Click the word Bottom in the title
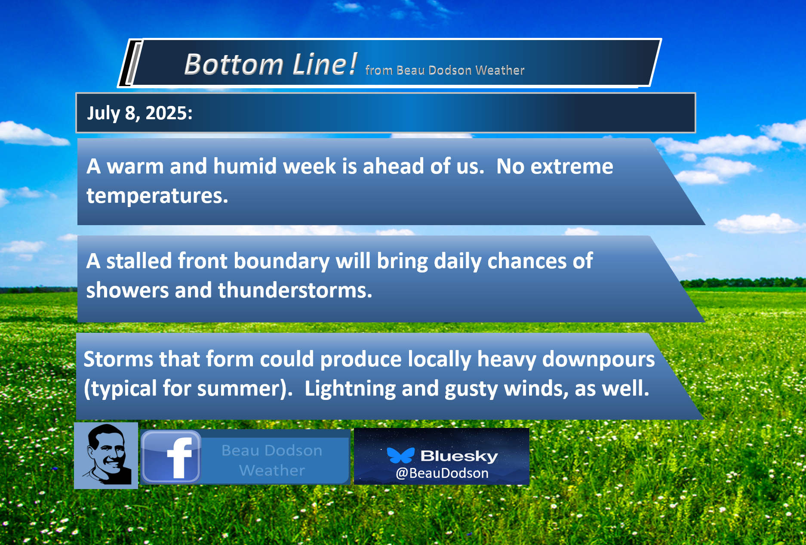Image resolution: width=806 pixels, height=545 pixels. click(x=234, y=65)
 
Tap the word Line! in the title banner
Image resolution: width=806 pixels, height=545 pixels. click(x=325, y=64)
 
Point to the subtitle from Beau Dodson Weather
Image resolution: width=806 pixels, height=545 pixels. click(x=445, y=70)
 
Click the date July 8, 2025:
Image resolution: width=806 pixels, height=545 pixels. click(x=140, y=113)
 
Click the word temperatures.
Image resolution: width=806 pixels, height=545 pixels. click(x=157, y=196)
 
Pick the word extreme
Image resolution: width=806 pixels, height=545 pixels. click(x=572, y=167)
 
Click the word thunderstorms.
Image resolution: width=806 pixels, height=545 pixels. click(x=295, y=290)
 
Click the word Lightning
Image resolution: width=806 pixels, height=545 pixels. click(x=350, y=389)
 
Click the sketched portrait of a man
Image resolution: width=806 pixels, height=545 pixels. click(x=106, y=455)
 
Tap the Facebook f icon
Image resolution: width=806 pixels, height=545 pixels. click(x=171, y=457)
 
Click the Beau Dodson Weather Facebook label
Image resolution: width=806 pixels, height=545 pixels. click(x=272, y=460)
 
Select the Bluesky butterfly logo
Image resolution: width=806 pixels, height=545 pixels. click(x=400, y=455)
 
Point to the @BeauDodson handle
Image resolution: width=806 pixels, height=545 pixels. click(x=442, y=473)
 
